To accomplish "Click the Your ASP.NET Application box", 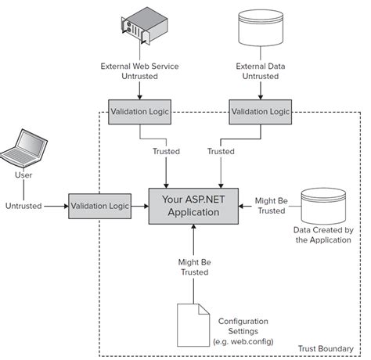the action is [x=193, y=206].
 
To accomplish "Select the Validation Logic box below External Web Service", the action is [x=139, y=112].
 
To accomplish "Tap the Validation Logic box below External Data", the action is [x=261, y=112].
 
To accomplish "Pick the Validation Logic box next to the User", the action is [x=99, y=206].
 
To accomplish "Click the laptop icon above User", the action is [x=23, y=148].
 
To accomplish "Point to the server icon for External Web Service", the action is [x=144, y=26].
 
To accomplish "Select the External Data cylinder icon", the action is [x=261, y=28].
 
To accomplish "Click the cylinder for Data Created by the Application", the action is [x=323, y=206].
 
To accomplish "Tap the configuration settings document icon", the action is [x=193, y=325].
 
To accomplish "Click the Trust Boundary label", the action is [x=326, y=349].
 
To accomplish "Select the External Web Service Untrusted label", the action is [x=139, y=71].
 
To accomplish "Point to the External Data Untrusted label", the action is [x=261, y=71].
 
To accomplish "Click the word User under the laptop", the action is [x=23, y=175].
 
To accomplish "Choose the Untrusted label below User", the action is [x=23, y=206].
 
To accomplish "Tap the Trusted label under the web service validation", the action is [x=166, y=151].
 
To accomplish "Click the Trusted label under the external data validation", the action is [x=221, y=151].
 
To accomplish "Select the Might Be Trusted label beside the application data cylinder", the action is [x=272, y=206].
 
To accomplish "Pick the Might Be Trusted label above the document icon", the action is [x=195, y=267].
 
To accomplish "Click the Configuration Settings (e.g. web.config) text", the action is [x=243, y=331].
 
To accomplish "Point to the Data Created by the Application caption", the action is [x=323, y=235].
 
